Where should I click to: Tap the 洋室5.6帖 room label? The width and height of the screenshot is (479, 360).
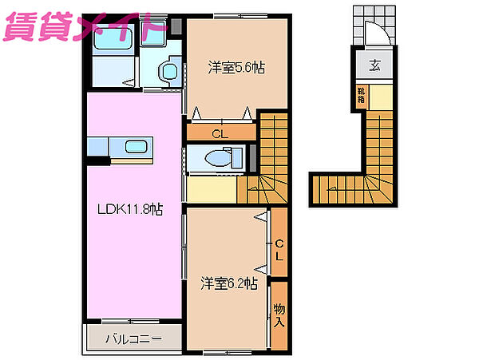click(x=236, y=68)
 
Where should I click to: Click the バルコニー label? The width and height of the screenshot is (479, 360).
click(x=133, y=338)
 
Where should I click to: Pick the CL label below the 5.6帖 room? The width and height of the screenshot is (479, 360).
click(x=221, y=133)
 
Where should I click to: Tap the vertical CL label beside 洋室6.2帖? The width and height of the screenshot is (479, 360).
click(x=279, y=249)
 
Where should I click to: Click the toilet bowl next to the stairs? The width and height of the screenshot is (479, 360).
click(x=216, y=159)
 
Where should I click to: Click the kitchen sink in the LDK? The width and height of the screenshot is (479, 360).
click(x=134, y=147)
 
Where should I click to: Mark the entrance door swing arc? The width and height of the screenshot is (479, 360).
click(x=375, y=35)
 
